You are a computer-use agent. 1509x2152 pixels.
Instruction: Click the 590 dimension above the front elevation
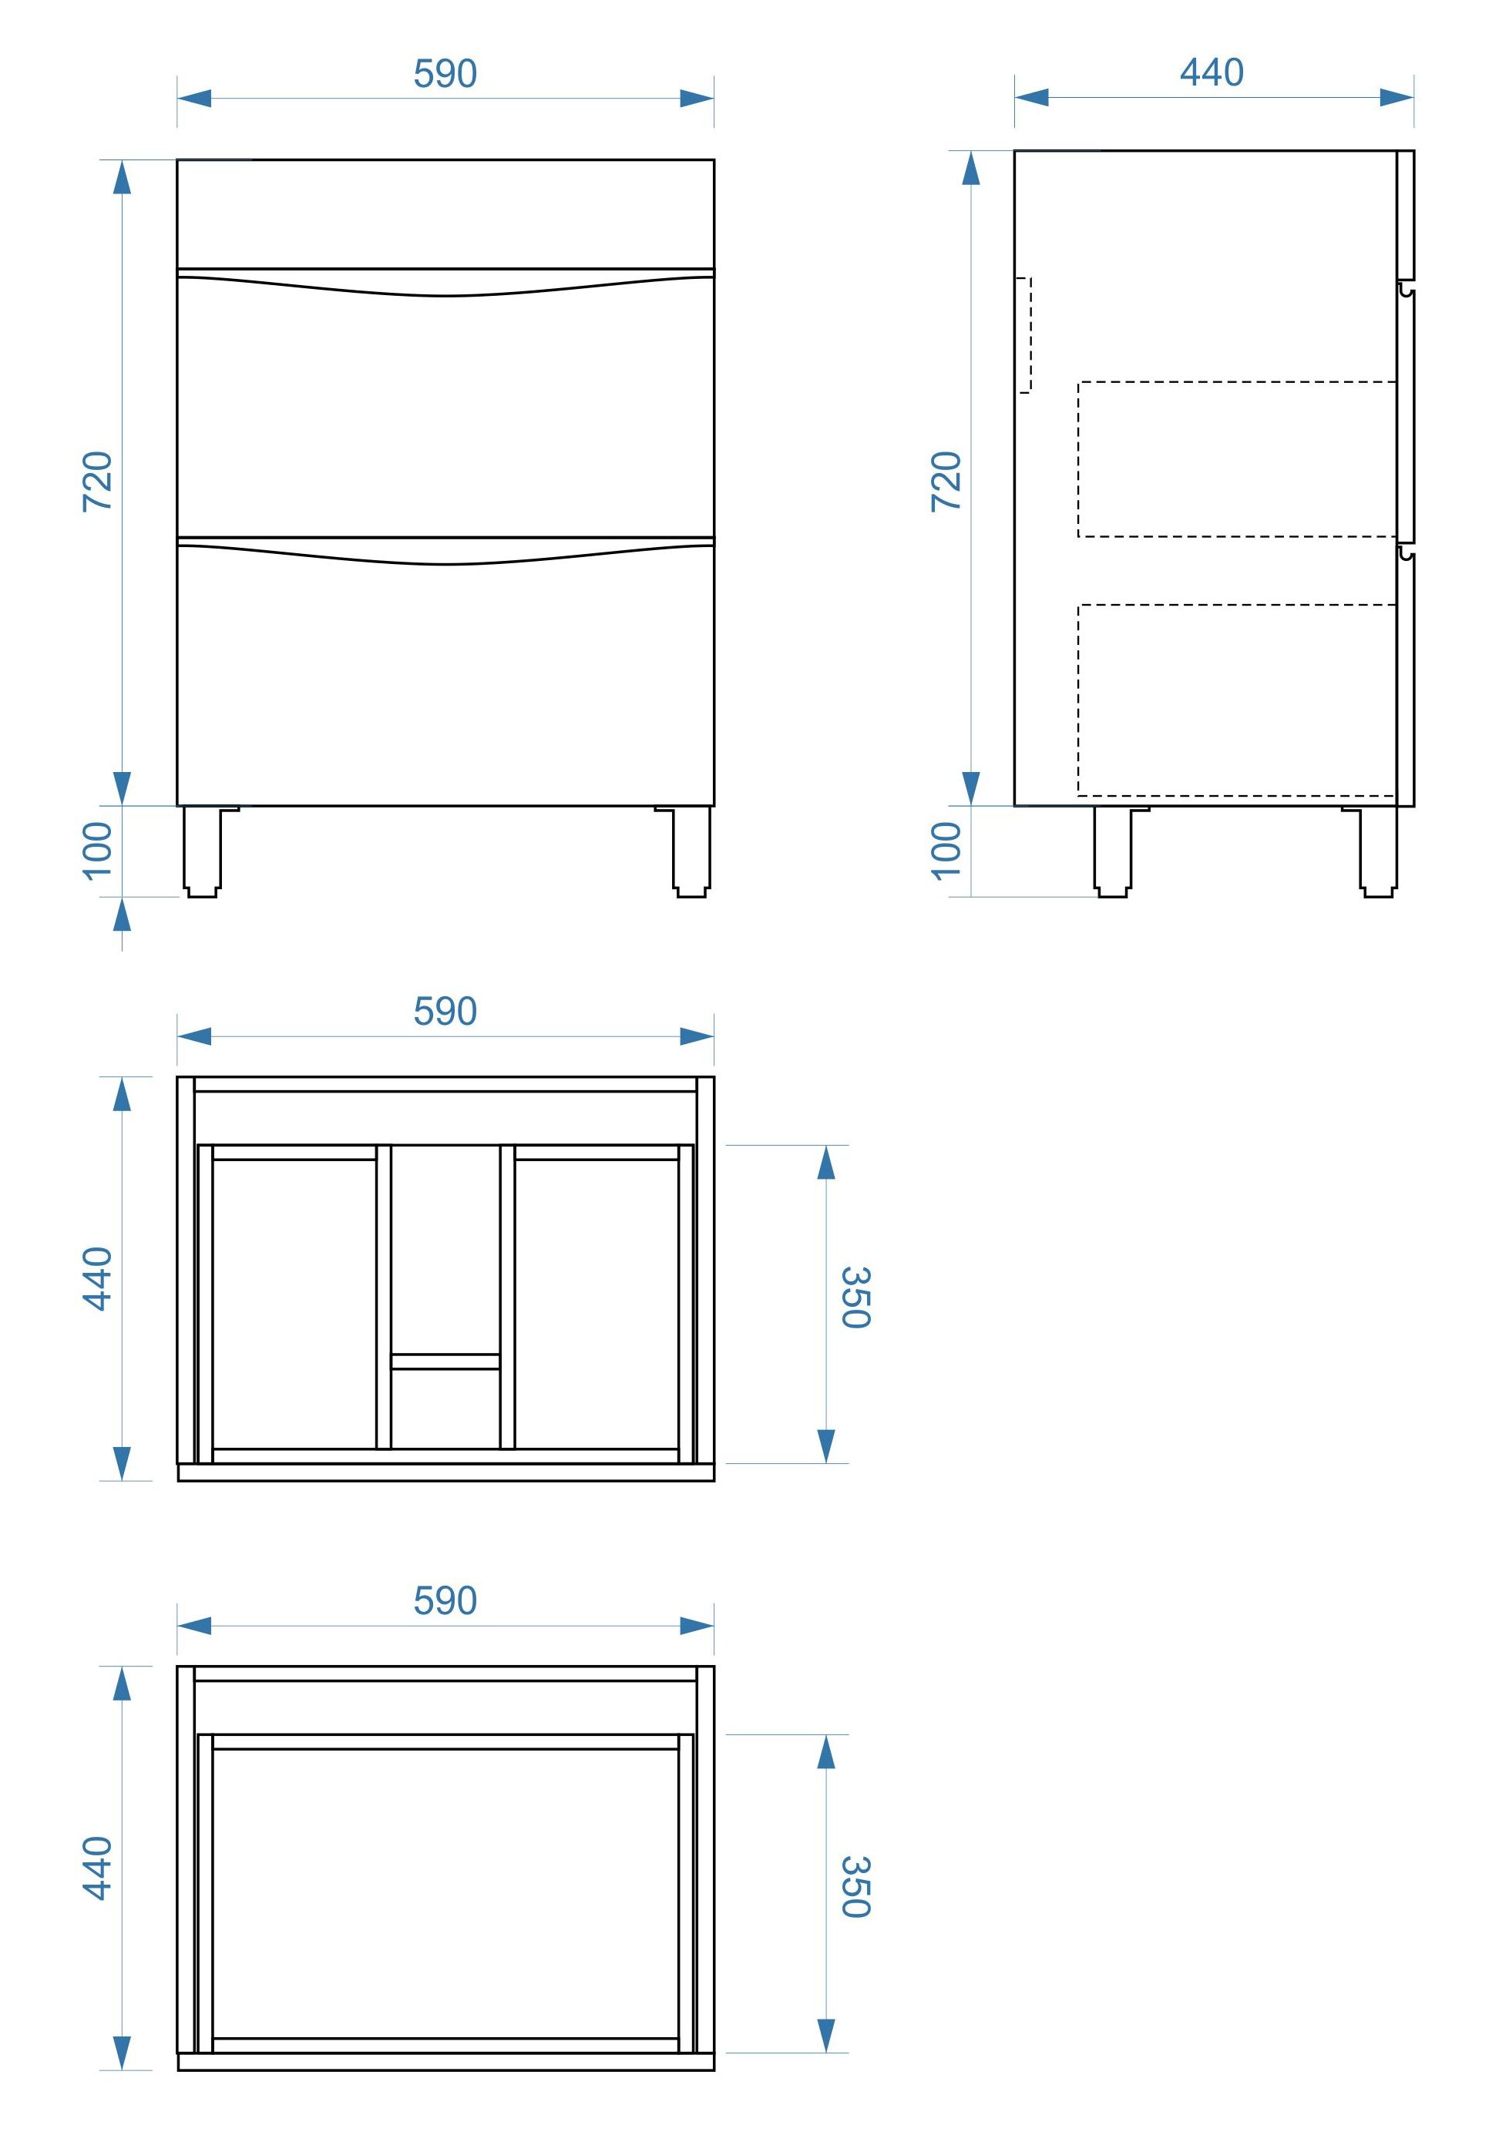coord(445,74)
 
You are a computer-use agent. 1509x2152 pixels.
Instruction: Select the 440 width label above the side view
coord(1212,72)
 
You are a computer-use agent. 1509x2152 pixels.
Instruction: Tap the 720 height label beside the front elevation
coord(97,482)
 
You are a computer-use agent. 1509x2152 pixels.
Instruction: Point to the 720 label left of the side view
coord(946,482)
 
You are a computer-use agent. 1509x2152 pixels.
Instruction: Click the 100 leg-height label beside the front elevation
coord(97,851)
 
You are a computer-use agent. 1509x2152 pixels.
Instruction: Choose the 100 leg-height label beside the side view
coord(946,851)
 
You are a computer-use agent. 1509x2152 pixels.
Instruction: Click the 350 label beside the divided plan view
coord(855,1298)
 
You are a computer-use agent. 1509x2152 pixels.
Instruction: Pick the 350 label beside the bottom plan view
coord(855,1887)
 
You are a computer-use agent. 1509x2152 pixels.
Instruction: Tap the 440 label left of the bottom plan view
coord(97,1868)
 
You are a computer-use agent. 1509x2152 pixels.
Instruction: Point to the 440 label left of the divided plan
coord(97,1278)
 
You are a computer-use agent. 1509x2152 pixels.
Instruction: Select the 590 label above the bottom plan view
coord(445,1601)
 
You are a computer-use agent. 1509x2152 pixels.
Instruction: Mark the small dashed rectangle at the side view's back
coord(1031,334)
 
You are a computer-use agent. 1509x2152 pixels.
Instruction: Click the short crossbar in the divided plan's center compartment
coord(445,1361)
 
